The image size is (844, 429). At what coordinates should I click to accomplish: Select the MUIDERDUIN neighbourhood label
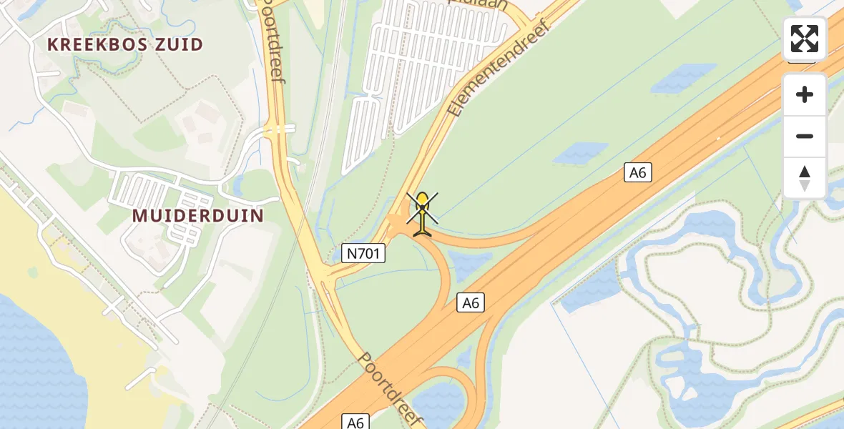pyautogui.click(x=198, y=215)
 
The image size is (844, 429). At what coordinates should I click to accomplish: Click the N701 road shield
pyautogui.click(x=363, y=252)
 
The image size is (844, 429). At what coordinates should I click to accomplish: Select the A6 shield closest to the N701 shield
pyautogui.click(x=470, y=302)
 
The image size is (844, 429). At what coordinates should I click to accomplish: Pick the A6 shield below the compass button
pyautogui.click(x=637, y=172)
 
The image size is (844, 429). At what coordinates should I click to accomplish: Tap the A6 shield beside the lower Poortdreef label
pyautogui.click(x=355, y=422)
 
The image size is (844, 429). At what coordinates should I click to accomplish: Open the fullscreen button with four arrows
pyautogui.click(x=805, y=39)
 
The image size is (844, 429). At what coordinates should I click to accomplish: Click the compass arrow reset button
pyautogui.click(x=805, y=178)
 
